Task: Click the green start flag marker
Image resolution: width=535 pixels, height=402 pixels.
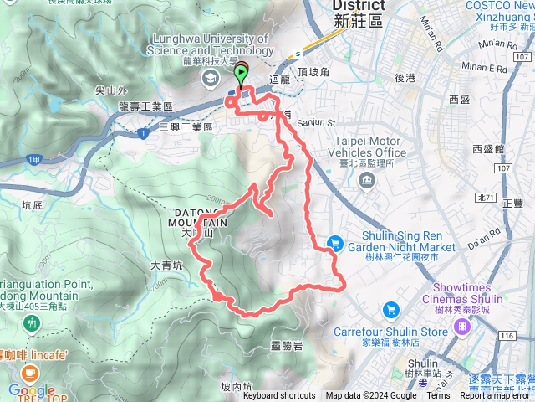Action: click(242, 75)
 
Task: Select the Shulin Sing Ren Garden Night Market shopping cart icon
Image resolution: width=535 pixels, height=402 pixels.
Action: click(335, 242)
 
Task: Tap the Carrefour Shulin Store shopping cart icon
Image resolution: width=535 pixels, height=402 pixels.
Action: click(390, 309)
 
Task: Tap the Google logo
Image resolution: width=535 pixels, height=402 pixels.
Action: click(31, 390)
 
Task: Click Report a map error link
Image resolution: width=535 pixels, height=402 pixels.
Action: click(492, 396)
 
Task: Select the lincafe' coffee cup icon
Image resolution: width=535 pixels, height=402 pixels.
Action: click(30, 370)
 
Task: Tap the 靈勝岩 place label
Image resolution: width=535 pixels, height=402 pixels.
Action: click(287, 345)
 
